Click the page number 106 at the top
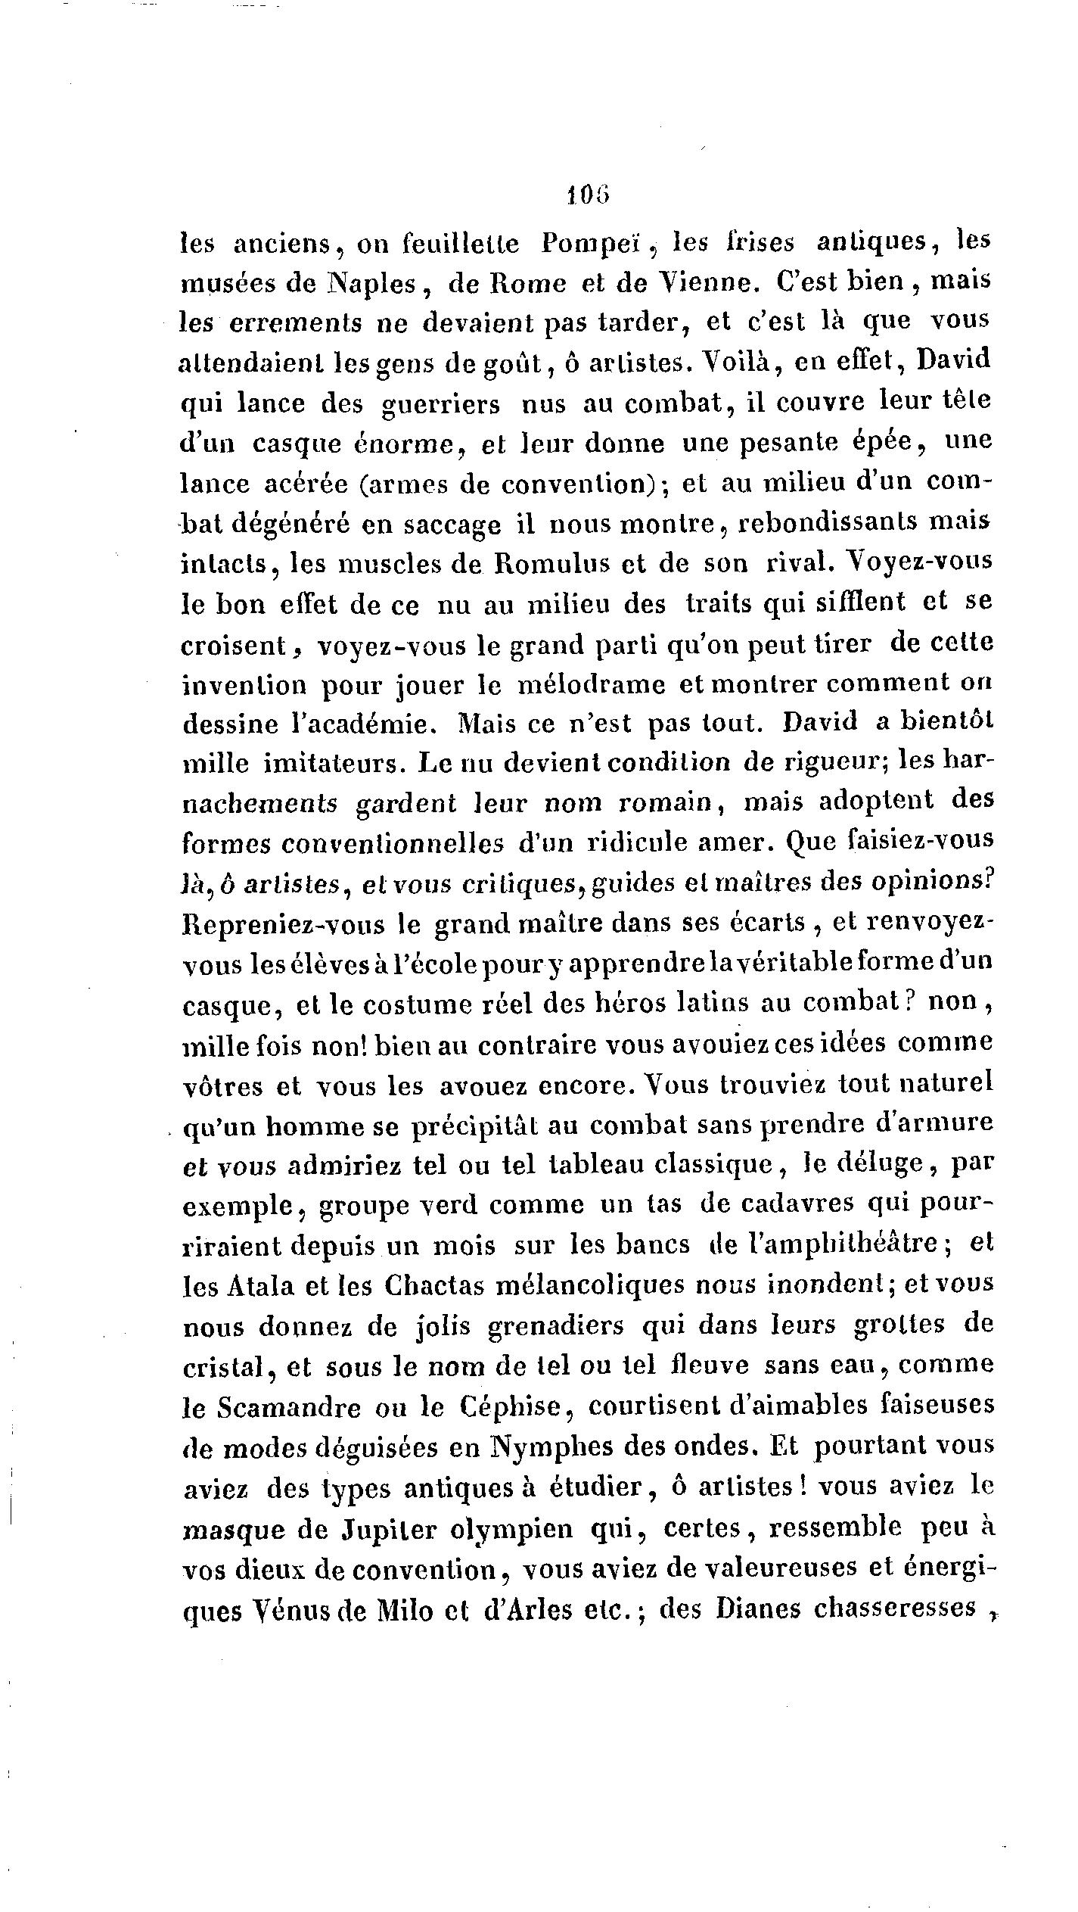pyautogui.click(x=587, y=196)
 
